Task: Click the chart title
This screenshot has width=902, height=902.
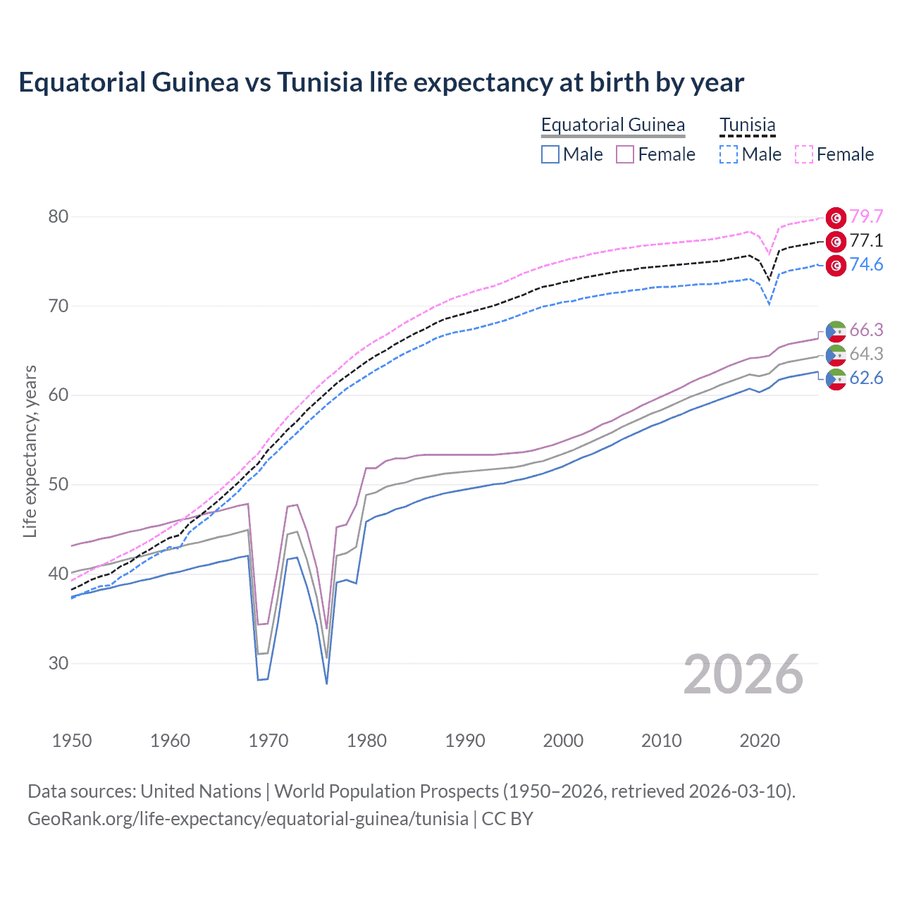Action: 381,82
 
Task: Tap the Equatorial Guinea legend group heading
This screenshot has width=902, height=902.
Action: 612,125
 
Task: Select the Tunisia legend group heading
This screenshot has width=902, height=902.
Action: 747,125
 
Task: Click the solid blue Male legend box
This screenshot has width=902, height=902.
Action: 550,154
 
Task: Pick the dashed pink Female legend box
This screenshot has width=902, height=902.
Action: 804,154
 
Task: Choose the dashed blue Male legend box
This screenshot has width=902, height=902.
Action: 729,154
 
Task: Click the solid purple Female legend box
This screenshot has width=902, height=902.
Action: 625,154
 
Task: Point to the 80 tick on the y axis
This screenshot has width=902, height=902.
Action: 58,216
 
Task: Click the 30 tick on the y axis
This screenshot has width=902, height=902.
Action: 58,663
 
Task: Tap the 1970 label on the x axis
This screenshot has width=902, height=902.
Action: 268,741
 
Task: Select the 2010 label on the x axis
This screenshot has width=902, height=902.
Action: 661,741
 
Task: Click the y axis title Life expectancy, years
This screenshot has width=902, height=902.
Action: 30,451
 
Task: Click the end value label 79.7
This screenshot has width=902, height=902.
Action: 866,216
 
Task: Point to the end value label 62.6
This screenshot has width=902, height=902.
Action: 866,378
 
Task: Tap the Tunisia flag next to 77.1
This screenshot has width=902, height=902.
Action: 836,242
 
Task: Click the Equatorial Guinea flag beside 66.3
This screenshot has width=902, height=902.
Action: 836,330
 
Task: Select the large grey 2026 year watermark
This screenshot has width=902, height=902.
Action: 743,674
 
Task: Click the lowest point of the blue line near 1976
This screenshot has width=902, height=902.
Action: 327,683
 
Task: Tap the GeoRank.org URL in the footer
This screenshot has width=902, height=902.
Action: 248,819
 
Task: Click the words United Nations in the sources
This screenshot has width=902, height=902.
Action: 201,791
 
